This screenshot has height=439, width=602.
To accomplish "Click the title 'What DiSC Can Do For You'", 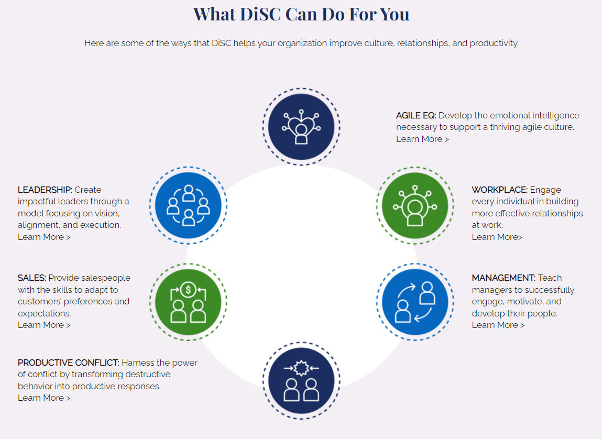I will [x=301, y=14].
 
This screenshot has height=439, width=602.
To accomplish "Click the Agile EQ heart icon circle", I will [x=301, y=127].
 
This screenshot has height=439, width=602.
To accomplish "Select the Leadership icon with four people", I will [x=188, y=205].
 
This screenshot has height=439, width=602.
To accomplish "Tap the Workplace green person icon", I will [x=415, y=205].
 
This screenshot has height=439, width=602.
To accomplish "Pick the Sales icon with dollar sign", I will [x=188, y=302].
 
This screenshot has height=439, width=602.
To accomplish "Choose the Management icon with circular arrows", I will [x=415, y=302].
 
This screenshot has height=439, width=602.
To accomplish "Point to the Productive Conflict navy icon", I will [x=301, y=381].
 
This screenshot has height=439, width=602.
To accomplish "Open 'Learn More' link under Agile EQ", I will [x=422, y=139].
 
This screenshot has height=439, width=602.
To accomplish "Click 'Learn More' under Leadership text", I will [x=44, y=237].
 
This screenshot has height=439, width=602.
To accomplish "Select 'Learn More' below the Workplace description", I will [x=497, y=237].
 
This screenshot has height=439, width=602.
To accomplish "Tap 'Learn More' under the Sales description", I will [x=44, y=325].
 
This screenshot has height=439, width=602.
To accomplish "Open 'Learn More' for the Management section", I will [x=498, y=325].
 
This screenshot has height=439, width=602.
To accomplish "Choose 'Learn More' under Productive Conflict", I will [x=44, y=398].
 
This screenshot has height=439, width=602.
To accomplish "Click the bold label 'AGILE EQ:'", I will [x=416, y=115].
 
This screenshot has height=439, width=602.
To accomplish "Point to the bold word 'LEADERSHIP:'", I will [x=45, y=190].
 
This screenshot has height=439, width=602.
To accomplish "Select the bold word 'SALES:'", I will [x=32, y=278].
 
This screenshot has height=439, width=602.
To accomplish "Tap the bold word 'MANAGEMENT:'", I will [x=504, y=278].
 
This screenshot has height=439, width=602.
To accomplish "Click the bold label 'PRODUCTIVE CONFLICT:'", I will [x=69, y=363].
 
